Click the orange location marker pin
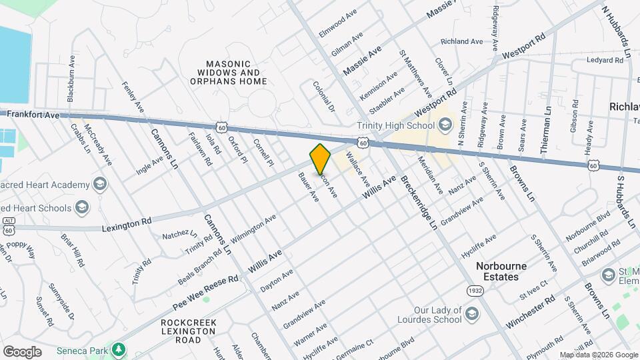point(321,159)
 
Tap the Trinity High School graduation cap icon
point(444,124)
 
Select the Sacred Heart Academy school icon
point(99,185)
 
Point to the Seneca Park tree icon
point(119,349)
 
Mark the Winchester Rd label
point(530,312)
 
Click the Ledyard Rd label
point(605,60)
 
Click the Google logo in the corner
point(22,352)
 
